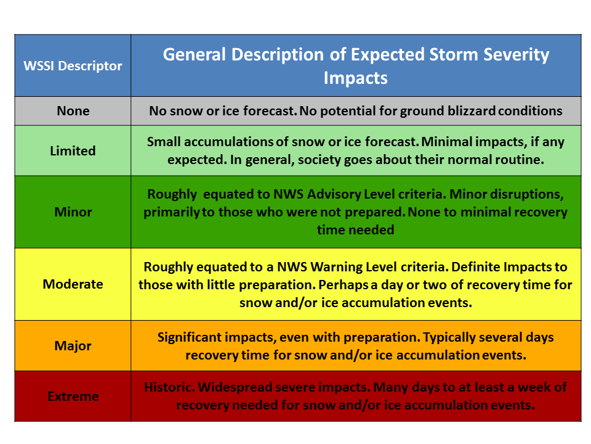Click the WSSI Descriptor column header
coord(73,66)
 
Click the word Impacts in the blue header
coord(355,78)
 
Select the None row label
coord(73,110)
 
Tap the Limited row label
coord(73,150)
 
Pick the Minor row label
coord(73,212)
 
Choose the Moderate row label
coord(73,284)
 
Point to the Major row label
coord(73,346)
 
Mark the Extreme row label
coord(73,396)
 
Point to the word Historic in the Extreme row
coord(169,387)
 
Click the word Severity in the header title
coord(517,55)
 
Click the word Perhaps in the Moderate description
coord(343,285)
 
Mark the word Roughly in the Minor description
coord(172,194)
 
